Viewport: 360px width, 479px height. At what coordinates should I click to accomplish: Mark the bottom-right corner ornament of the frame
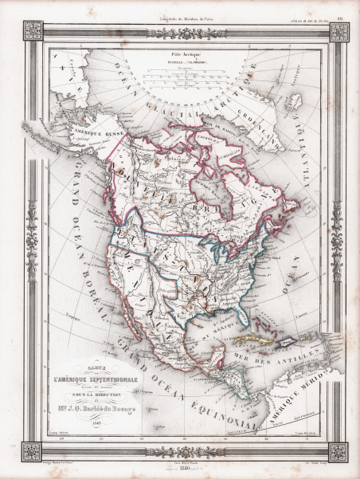tap(338, 452)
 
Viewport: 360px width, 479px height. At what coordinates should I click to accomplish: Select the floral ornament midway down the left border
tap(32, 239)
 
